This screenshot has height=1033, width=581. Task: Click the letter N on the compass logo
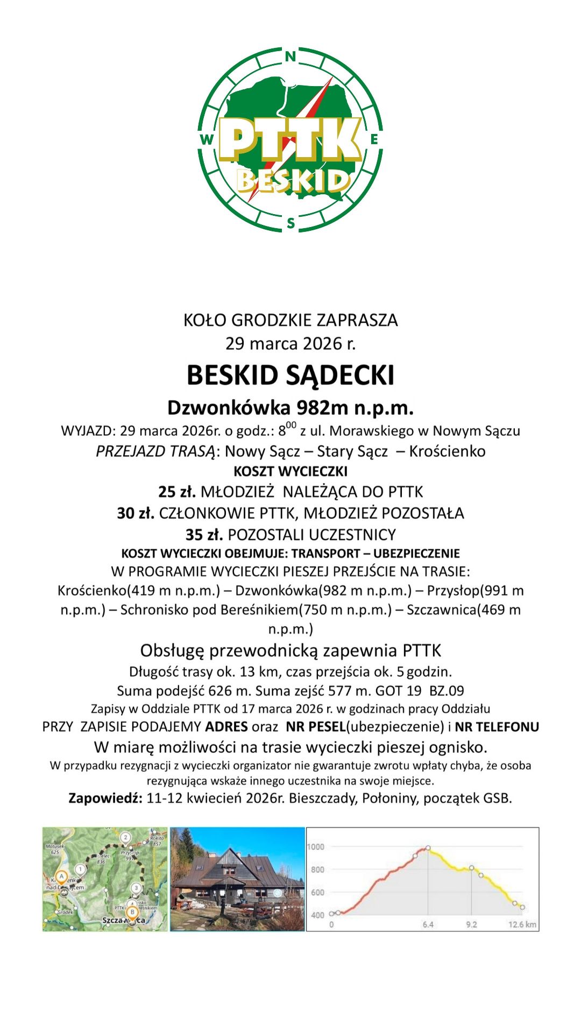[x=290, y=56]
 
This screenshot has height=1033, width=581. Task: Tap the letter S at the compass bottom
[x=291, y=223]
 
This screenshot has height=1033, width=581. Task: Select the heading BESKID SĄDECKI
[x=290, y=375]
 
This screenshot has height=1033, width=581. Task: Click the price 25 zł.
[x=176, y=492]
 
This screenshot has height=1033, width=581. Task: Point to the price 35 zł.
[x=204, y=535]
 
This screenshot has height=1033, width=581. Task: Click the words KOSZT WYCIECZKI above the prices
[x=290, y=471]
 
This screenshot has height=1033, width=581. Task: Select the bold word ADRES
[x=226, y=727]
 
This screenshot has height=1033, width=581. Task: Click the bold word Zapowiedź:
[x=105, y=798]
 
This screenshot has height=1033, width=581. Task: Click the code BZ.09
[x=447, y=691]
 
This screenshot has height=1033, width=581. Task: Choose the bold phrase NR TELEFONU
[x=497, y=727]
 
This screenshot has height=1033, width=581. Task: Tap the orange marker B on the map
[x=132, y=912]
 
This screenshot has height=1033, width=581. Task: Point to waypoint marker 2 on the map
[x=125, y=837]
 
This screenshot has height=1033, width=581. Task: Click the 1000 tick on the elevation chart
[x=316, y=847]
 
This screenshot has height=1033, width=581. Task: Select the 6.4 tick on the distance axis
[x=428, y=925]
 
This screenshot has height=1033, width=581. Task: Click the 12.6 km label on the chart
[x=522, y=925]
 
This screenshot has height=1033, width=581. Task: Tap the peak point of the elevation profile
[x=428, y=848]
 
